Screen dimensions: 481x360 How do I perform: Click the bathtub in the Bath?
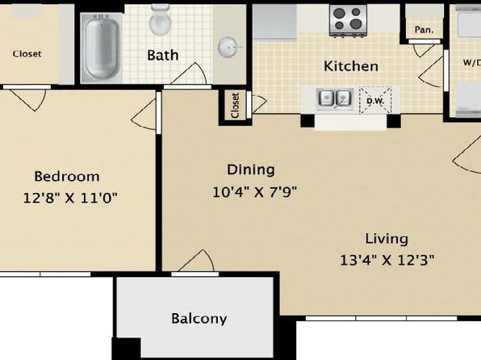coord(101,48)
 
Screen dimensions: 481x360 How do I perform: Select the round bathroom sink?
coord(228,47)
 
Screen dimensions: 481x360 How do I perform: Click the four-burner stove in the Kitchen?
coord(348,20)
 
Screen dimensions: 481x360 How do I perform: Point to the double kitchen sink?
coord(334,98)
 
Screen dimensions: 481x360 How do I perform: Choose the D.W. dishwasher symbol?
coord(375,100)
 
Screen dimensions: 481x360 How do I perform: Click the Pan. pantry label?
coord(424,30)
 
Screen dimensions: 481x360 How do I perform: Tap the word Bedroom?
coord(67,177)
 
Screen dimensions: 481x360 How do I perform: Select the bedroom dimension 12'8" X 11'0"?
coord(70,197)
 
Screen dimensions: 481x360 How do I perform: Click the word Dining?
coord(251,170)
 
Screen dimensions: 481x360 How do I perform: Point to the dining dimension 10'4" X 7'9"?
coord(254,192)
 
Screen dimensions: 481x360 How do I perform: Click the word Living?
coord(387,239)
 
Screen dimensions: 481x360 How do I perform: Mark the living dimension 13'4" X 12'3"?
coord(387,260)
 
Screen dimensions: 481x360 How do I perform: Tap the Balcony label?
coord(199,319)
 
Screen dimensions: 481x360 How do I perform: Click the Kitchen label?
coord(351,66)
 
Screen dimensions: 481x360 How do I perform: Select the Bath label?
coord(162,55)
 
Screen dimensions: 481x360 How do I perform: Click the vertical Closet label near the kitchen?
coord(236,106)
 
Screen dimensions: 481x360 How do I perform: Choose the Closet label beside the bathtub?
coord(27,54)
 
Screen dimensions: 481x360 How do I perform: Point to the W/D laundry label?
coord(472,63)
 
